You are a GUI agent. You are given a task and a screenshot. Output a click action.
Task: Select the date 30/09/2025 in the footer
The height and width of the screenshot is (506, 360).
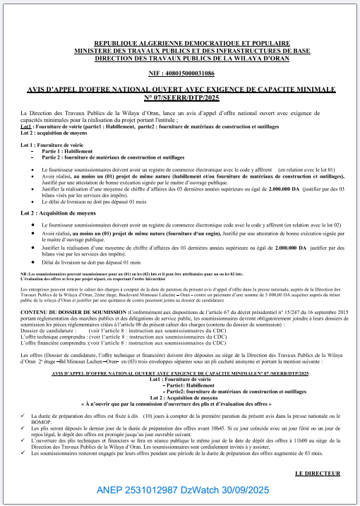251,489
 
